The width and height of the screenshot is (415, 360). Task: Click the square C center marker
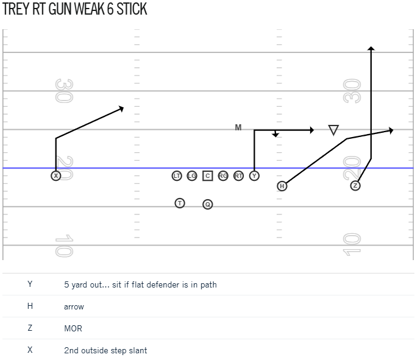[x=207, y=175]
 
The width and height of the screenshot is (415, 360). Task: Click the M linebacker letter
[x=238, y=127]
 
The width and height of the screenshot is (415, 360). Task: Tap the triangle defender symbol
[x=333, y=130]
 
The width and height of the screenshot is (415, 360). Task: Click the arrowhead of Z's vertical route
[x=371, y=48]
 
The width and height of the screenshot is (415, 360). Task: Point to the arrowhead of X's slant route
[x=121, y=108]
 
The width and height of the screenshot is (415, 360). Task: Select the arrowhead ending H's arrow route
[x=391, y=130]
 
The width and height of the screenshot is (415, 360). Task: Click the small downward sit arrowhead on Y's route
[x=275, y=135]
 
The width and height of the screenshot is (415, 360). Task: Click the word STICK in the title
[x=132, y=9]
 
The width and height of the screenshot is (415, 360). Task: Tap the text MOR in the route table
[x=73, y=328]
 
